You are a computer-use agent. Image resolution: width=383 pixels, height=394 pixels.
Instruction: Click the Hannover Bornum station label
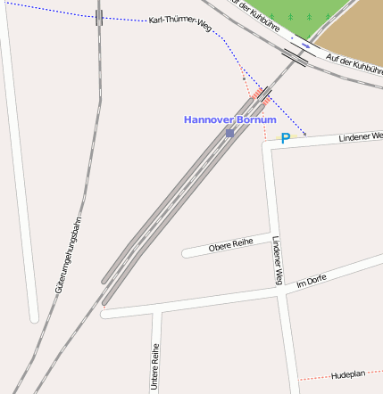tap(229, 119)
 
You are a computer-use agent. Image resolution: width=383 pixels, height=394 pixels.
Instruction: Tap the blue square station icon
tap(229, 133)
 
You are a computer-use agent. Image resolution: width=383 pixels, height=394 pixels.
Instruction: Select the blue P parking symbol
tap(286, 138)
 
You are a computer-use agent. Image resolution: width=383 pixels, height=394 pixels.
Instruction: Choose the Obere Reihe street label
tap(230, 244)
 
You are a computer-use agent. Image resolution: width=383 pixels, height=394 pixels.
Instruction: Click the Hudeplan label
tap(348, 375)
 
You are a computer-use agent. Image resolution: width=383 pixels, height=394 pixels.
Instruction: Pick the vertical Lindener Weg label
tap(278, 260)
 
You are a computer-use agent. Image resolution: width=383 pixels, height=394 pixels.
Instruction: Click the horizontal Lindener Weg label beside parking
tap(360, 136)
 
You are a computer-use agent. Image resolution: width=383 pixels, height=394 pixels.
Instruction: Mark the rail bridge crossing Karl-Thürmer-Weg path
tap(98, 17)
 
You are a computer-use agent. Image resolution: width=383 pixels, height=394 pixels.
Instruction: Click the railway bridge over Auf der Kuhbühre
tap(295, 57)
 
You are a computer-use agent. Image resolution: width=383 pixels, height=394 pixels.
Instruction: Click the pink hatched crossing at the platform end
tap(261, 94)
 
